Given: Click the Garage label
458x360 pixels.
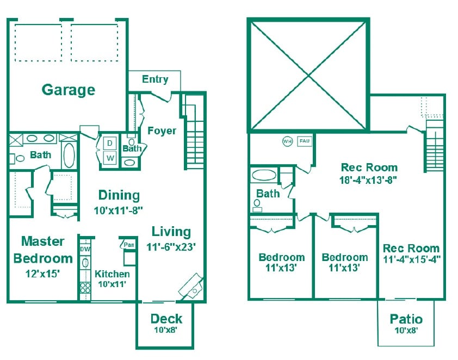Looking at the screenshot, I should click(69, 89).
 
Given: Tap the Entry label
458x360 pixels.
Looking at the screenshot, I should click(155, 79).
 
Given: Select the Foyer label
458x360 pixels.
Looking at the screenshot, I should click(162, 131).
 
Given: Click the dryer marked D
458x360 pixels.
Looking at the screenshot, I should click(109, 143).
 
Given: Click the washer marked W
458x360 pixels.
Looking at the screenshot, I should click(109, 158).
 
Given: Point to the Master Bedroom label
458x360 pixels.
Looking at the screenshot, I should click(42, 250).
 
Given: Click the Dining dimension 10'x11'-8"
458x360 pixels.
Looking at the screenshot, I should click(119, 208).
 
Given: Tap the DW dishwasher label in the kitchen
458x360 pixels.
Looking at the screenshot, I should click(85, 249).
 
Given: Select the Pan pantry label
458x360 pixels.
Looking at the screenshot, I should click(129, 245).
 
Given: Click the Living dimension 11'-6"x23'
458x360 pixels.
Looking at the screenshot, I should click(171, 246).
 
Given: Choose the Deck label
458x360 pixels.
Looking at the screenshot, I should click(166, 319).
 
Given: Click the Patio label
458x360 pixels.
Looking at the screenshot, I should click(406, 319).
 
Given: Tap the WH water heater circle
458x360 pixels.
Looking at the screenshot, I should click(287, 141).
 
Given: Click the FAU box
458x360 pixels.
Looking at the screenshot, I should click(305, 141).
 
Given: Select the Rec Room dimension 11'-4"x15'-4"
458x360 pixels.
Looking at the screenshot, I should click(411, 259).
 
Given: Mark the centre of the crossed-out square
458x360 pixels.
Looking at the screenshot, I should click(308, 75).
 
